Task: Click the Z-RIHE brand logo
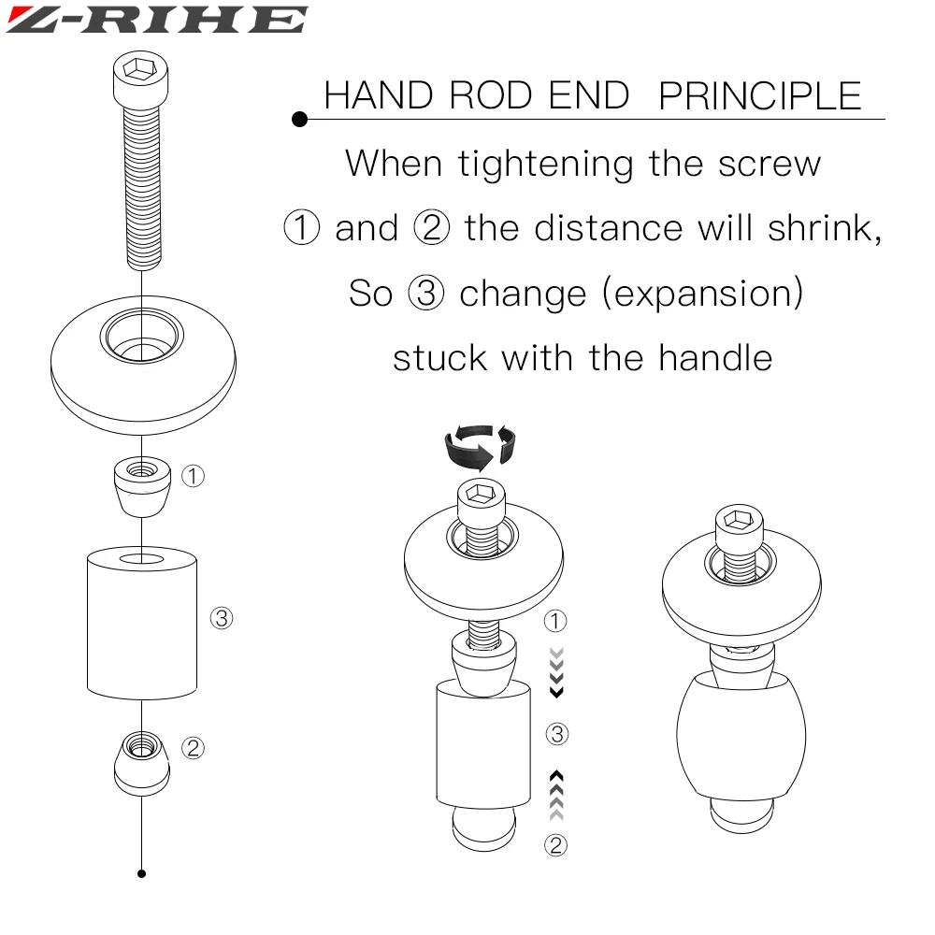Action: pos(157,20)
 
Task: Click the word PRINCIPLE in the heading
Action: pos(760,96)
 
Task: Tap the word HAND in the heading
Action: pos(379,95)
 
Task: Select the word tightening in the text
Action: pos(545,164)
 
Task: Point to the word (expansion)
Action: pos(703,294)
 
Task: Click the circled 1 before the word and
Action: pos(302,227)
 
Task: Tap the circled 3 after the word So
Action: pos(425,293)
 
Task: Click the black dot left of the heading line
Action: pos(300,120)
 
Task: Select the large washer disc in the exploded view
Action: pos(143,365)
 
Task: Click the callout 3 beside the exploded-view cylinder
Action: pos(222,618)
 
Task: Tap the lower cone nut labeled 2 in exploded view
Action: pos(142,764)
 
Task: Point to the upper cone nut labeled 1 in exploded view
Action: pos(142,486)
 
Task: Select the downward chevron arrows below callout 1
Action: pos(556,672)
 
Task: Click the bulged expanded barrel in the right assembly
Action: pos(741,737)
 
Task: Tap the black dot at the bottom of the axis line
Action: pos(141,873)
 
